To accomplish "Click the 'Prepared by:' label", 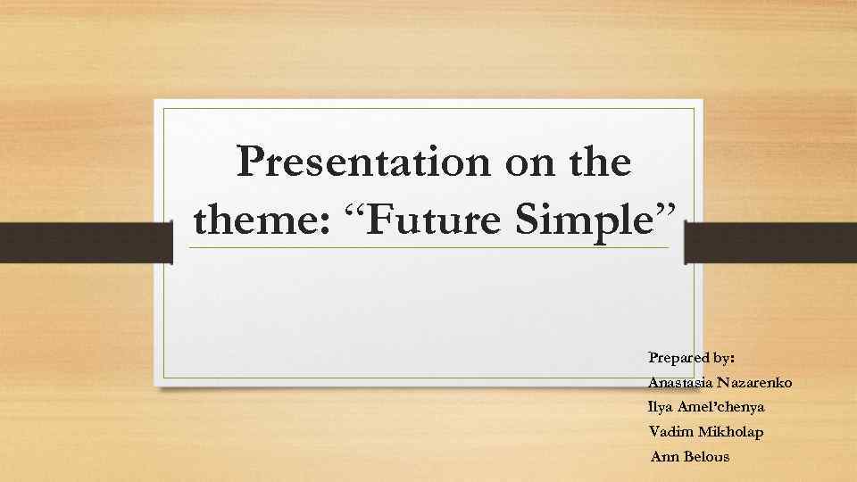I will [x=692, y=358].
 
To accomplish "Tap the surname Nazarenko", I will [x=757, y=383].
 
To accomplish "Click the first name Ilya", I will [x=661, y=407].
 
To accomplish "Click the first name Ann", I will [x=663, y=457].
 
